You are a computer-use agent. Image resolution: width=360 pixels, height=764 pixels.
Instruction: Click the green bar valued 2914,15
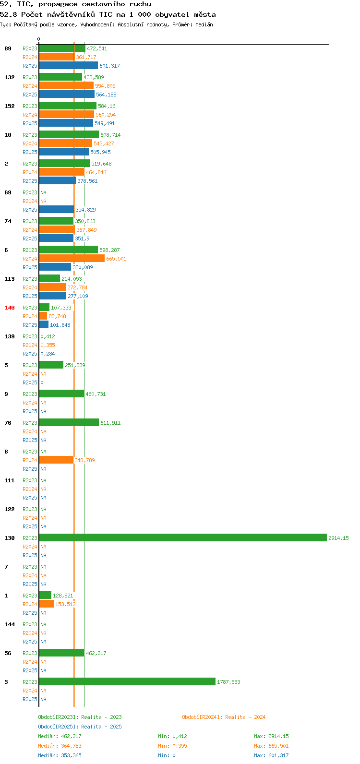point(183,537)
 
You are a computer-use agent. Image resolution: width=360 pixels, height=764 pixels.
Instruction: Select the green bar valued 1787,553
point(127,681)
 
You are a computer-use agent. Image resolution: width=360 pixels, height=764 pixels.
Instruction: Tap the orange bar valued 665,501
point(72,259)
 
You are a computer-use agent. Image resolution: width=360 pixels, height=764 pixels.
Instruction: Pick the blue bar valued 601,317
point(69,65)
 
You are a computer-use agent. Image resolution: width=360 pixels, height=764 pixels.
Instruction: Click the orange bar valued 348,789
point(56,460)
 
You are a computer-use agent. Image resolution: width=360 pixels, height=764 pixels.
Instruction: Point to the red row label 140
point(10,308)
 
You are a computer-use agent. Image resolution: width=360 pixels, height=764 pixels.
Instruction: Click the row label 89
point(8,48)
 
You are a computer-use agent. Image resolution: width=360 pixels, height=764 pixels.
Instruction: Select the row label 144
point(10,624)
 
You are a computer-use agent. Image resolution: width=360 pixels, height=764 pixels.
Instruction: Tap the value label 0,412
point(48,336)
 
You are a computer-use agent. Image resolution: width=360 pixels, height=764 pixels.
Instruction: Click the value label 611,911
point(110,423)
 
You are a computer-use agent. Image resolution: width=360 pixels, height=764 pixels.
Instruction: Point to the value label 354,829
point(85,209)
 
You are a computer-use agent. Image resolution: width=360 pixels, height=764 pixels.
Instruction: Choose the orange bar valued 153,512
point(47,604)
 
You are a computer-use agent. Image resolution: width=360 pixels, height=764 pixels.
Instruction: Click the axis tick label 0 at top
point(38,39)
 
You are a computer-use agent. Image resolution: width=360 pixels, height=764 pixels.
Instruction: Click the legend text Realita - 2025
point(101,727)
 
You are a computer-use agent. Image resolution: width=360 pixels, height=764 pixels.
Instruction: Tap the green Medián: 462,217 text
point(60,736)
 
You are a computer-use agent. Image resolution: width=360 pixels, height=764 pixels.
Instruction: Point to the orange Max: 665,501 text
point(271,746)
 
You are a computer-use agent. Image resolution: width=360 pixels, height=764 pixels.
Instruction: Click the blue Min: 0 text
point(167,755)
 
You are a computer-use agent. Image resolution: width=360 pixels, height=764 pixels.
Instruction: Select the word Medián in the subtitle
point(204,24)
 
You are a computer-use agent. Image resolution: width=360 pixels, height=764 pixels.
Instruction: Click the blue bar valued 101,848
point(44,325)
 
